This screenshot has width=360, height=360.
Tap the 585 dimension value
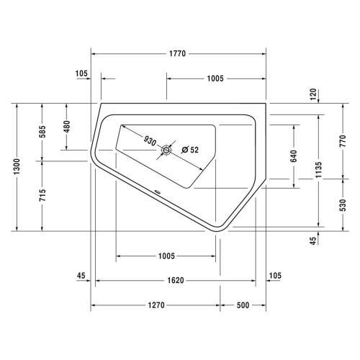point(43,132)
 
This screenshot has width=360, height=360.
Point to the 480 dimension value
point(66,126)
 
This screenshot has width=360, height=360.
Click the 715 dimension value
point(43,195)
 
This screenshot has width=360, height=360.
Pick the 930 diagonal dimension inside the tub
point(149,140)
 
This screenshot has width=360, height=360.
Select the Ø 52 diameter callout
point(190,150)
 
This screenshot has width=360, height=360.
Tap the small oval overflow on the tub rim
point(157,192)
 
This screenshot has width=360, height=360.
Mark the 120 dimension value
point(312,94)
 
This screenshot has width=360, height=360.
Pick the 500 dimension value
point(242,305)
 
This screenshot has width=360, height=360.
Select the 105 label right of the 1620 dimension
point(275,275)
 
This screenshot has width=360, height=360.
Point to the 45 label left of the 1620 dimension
point(81,275)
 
